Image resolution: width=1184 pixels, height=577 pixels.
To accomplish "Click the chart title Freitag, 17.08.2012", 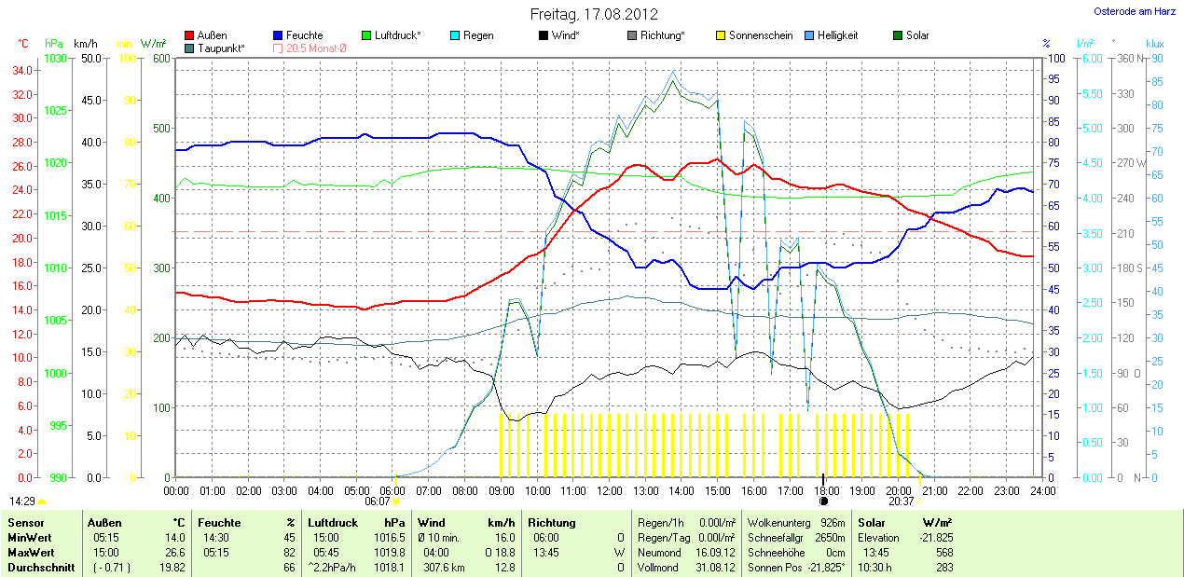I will (594, 14).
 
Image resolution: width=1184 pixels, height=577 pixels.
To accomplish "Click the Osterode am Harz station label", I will (1135, 11).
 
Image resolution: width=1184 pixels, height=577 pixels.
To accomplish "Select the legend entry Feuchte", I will (304, 35).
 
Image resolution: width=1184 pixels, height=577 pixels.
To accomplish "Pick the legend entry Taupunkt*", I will (221, 48).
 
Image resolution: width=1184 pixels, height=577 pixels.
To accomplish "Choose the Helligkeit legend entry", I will (837, 35).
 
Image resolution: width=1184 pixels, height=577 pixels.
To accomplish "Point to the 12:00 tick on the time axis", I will (609, 490).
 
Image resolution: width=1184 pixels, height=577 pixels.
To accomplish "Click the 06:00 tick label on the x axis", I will (392, 490).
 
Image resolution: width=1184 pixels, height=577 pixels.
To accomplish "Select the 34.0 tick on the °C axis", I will (23, 71).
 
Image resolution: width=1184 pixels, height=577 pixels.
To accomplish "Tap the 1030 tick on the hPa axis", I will (55, 59).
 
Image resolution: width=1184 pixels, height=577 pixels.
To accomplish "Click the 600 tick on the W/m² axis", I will (160, 59).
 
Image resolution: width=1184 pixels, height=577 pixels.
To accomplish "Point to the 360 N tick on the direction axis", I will (1130, 59).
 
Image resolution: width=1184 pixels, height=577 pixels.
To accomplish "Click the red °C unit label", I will (23, 44).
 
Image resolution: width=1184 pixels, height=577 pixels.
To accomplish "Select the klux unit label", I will (1155, 44).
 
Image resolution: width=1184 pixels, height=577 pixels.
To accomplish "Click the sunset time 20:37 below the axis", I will (900, 501).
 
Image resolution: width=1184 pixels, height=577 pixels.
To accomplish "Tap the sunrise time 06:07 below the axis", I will (377, 501).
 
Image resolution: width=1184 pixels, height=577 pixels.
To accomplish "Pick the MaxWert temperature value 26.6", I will (173, 552).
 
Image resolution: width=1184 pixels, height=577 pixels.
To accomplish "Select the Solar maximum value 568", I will (943, 552).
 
